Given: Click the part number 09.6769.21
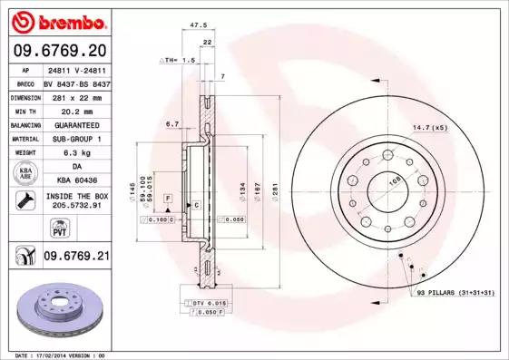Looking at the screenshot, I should (x=76, y=257).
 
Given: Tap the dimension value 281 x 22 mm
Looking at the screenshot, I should (x=76, y=95).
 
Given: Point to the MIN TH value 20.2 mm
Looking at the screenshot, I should (x=76, y=110).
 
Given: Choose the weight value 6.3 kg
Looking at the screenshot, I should (x=76, y=153).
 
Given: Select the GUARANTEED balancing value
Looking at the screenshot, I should (x=76, y=124).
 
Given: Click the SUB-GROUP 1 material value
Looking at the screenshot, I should (x=76, y=139).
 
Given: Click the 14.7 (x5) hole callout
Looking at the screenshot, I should (x=431, y=128).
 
